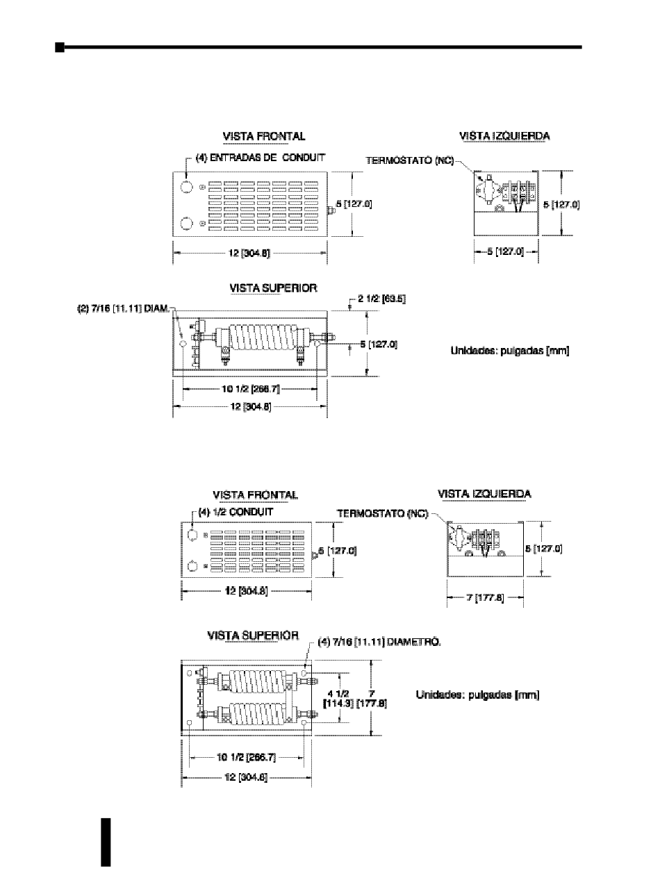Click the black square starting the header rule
[x=60, y=47]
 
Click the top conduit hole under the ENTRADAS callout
[x=185, y=188]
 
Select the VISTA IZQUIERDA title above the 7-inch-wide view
[x=484, y=494]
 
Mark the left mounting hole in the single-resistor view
[x=183, y=342]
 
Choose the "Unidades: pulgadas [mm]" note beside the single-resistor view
[x=511, y=351]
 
